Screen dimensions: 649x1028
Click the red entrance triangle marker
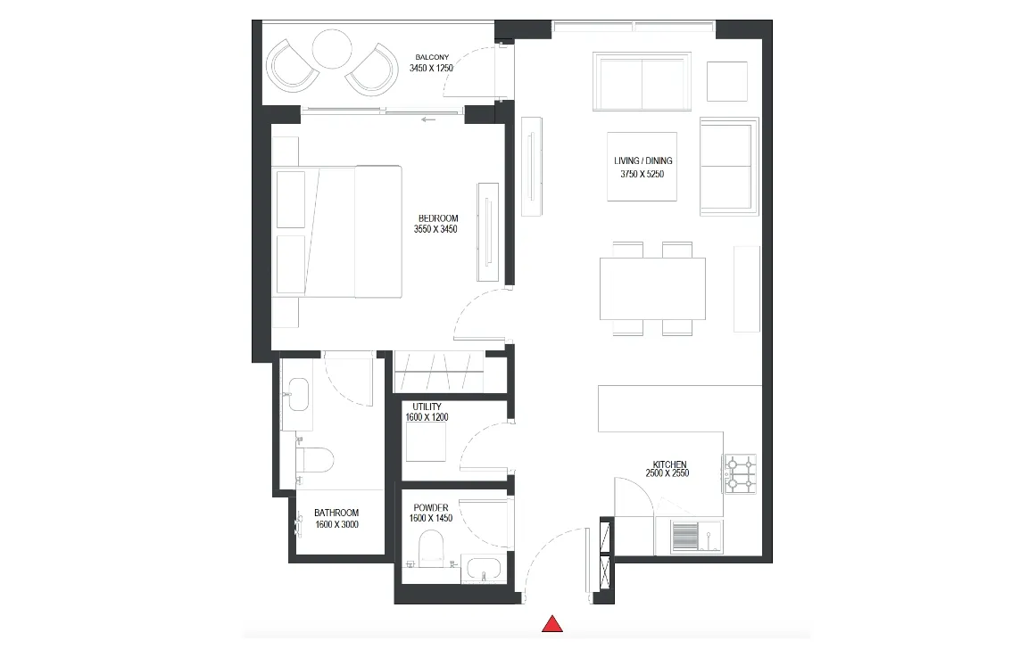(x=553, y=624)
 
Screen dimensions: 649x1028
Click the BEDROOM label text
(x=437, y=218)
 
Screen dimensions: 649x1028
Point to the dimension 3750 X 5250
(x=642, y=175)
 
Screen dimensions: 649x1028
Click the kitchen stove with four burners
(x=740, y=473)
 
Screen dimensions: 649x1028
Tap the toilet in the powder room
(x=433, y=547)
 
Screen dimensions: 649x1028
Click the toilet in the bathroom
(x=314, y=460)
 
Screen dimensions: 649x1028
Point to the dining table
(x=652, y=288)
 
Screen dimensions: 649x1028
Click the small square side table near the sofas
(x=727, y=81)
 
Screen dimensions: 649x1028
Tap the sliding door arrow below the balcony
(x=429, y=117)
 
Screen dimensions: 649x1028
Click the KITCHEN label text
(x=668, y=464)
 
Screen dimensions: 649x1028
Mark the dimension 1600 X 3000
(x=336, y=525)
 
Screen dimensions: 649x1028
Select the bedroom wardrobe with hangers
(x=438, y=370)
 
